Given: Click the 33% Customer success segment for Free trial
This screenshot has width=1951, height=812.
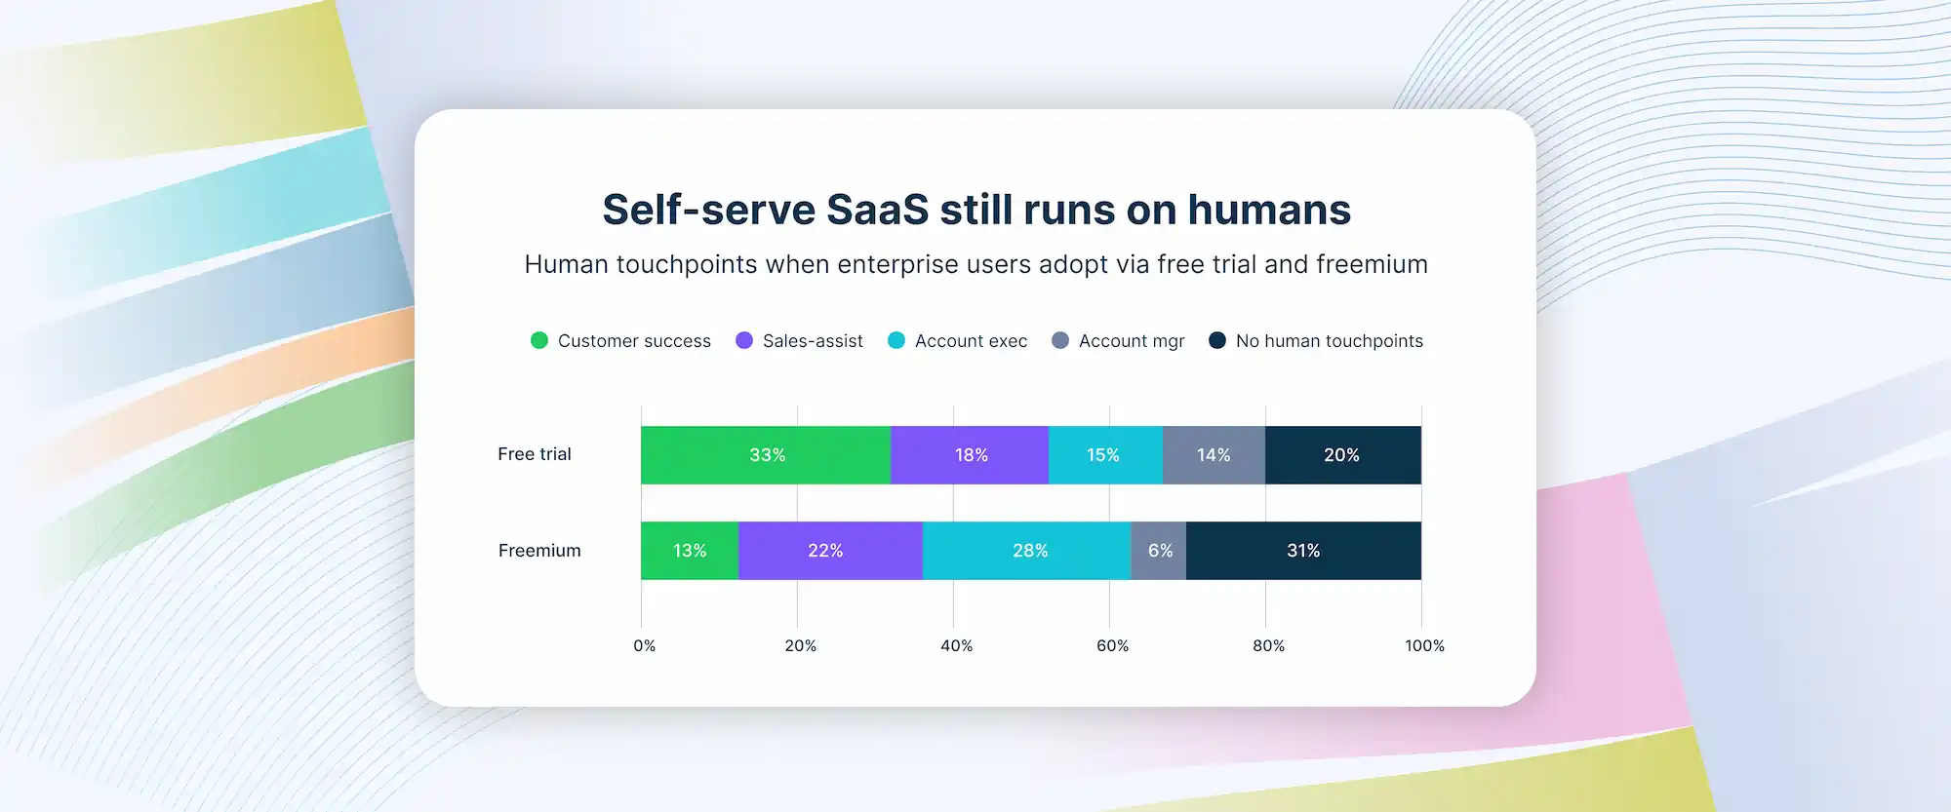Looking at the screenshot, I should [766, 455].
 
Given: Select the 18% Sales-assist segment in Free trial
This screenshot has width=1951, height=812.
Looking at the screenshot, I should [970, 455].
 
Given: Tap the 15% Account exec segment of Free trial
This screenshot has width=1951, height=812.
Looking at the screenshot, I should [1104, 455].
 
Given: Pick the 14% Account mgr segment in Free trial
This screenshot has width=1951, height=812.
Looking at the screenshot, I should [1214, 455].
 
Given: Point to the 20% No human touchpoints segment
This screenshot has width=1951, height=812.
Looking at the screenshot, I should [1342, 455].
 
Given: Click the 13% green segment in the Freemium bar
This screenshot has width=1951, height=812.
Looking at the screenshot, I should [690, 551].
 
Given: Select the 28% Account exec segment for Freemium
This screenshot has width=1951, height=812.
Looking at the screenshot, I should [1028, 551].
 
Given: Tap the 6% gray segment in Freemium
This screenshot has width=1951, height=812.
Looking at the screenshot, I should [1159, 551].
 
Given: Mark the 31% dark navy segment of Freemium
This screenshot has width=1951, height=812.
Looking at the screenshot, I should [1303, 551].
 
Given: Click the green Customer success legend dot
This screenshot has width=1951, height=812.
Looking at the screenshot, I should [539, 340].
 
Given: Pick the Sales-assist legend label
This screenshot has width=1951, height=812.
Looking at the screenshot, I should [813, 341].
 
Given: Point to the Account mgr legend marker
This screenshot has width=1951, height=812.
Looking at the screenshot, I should [1060, 340].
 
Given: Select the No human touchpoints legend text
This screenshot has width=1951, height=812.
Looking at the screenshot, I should [1329, 341].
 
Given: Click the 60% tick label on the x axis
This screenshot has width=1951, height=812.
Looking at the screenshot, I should [1112, 645].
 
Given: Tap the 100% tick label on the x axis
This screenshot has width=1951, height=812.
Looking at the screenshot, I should [1424, 645].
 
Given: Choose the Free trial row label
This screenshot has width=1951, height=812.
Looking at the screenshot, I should [535, 454].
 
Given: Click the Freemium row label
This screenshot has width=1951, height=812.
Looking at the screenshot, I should [539, 551].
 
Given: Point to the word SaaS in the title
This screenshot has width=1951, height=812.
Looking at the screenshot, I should [877, 210].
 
